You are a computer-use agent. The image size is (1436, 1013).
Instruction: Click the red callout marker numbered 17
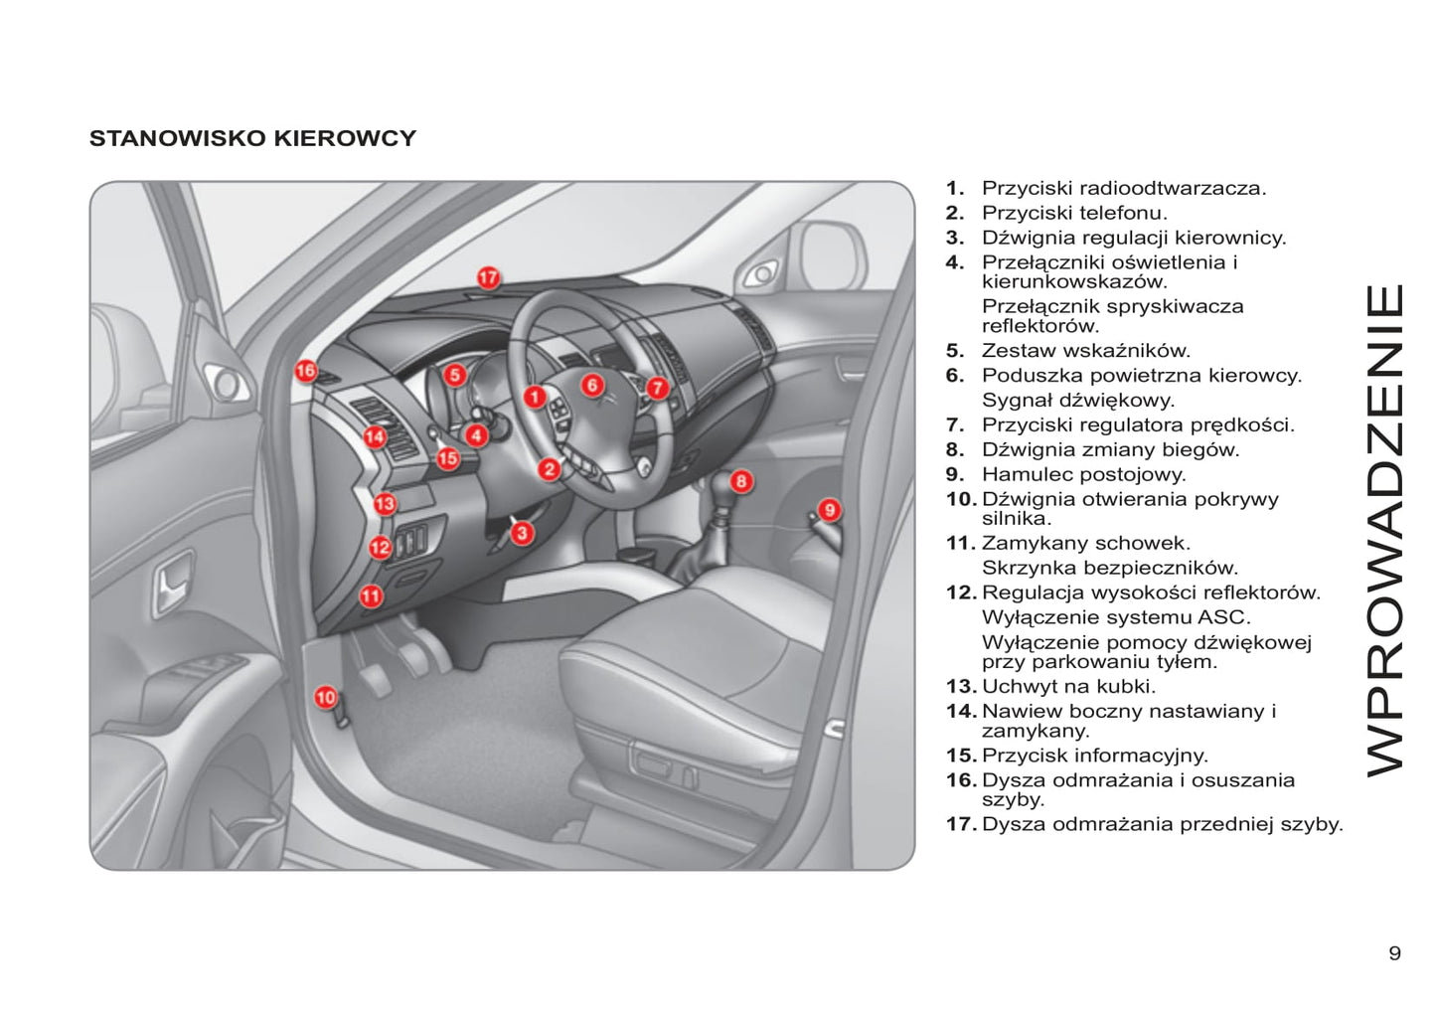[x=487, y=278]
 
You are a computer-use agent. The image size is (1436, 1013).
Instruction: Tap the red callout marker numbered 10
[x=326, y=697]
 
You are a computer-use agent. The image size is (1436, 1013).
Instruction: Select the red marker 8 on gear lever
[x=741, y=482]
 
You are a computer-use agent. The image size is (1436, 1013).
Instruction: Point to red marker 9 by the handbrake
[x=830, y=510]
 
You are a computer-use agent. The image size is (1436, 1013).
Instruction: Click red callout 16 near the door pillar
[x=306, y=371]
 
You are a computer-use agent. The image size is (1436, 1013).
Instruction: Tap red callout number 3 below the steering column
[x=523, y=533]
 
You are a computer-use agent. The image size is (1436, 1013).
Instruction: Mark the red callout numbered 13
[x=385, y=504]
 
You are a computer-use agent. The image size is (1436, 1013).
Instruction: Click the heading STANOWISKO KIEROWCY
[x=252, y=139]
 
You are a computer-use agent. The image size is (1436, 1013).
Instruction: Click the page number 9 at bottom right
[x=1394, y=953]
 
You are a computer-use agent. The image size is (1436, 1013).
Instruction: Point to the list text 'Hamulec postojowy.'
[x=1083, y=474]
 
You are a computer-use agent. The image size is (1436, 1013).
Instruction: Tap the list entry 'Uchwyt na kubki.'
[x=1068, y=686]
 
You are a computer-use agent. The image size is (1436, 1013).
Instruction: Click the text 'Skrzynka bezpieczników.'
[x=1110, y=568]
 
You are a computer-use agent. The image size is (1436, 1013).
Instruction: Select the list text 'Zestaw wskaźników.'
[x=1085, y=350]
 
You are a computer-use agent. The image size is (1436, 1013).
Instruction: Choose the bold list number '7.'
[x=954, y=424]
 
